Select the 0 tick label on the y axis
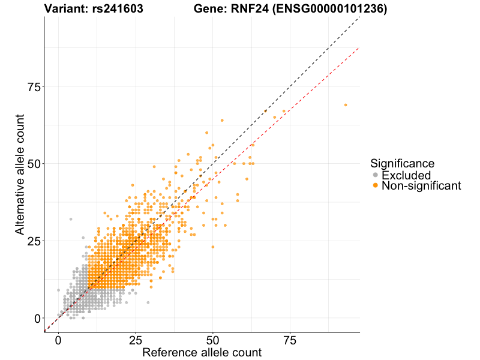37,318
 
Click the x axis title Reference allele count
202,352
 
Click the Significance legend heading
402,163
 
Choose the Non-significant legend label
421,186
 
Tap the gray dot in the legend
376,175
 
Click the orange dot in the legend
376,186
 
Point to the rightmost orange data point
346,105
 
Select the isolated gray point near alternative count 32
71,219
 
